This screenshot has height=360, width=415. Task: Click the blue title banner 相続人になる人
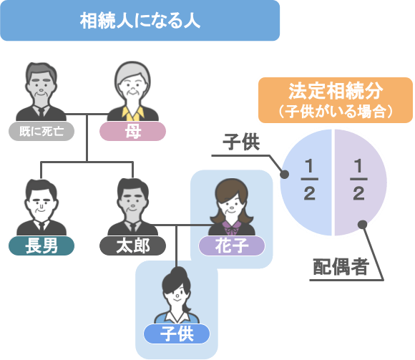[x=140, y=21]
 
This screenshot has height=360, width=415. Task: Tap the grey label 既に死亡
[x=41, y=131]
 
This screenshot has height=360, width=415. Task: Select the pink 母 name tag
[x=132, y=131]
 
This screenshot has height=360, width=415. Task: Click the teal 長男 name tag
[x=41, y=245]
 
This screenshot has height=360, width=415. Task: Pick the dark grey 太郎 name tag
[x=132, y=245]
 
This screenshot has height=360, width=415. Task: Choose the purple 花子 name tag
[x=232, y=245]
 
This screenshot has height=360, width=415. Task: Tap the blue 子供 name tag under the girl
[x=177, y=334]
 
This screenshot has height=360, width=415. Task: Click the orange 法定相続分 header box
[x=336, y=100]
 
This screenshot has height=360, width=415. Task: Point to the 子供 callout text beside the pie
[x=241, y=142]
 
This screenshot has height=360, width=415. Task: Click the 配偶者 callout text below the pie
[x=341, y=266]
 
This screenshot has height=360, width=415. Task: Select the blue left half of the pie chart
[x=306, y=183]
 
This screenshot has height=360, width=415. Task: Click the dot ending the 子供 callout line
[x=285, y=174]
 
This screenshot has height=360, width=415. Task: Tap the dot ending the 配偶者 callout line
[x=362, y=225]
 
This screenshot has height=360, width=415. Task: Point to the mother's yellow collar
[x=133, y=114]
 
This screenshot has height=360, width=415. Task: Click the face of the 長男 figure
[x=41, y=204]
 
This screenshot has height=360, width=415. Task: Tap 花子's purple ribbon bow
[x=231, y=228]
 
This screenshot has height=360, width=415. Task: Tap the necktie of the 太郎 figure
[x=133, y=229]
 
